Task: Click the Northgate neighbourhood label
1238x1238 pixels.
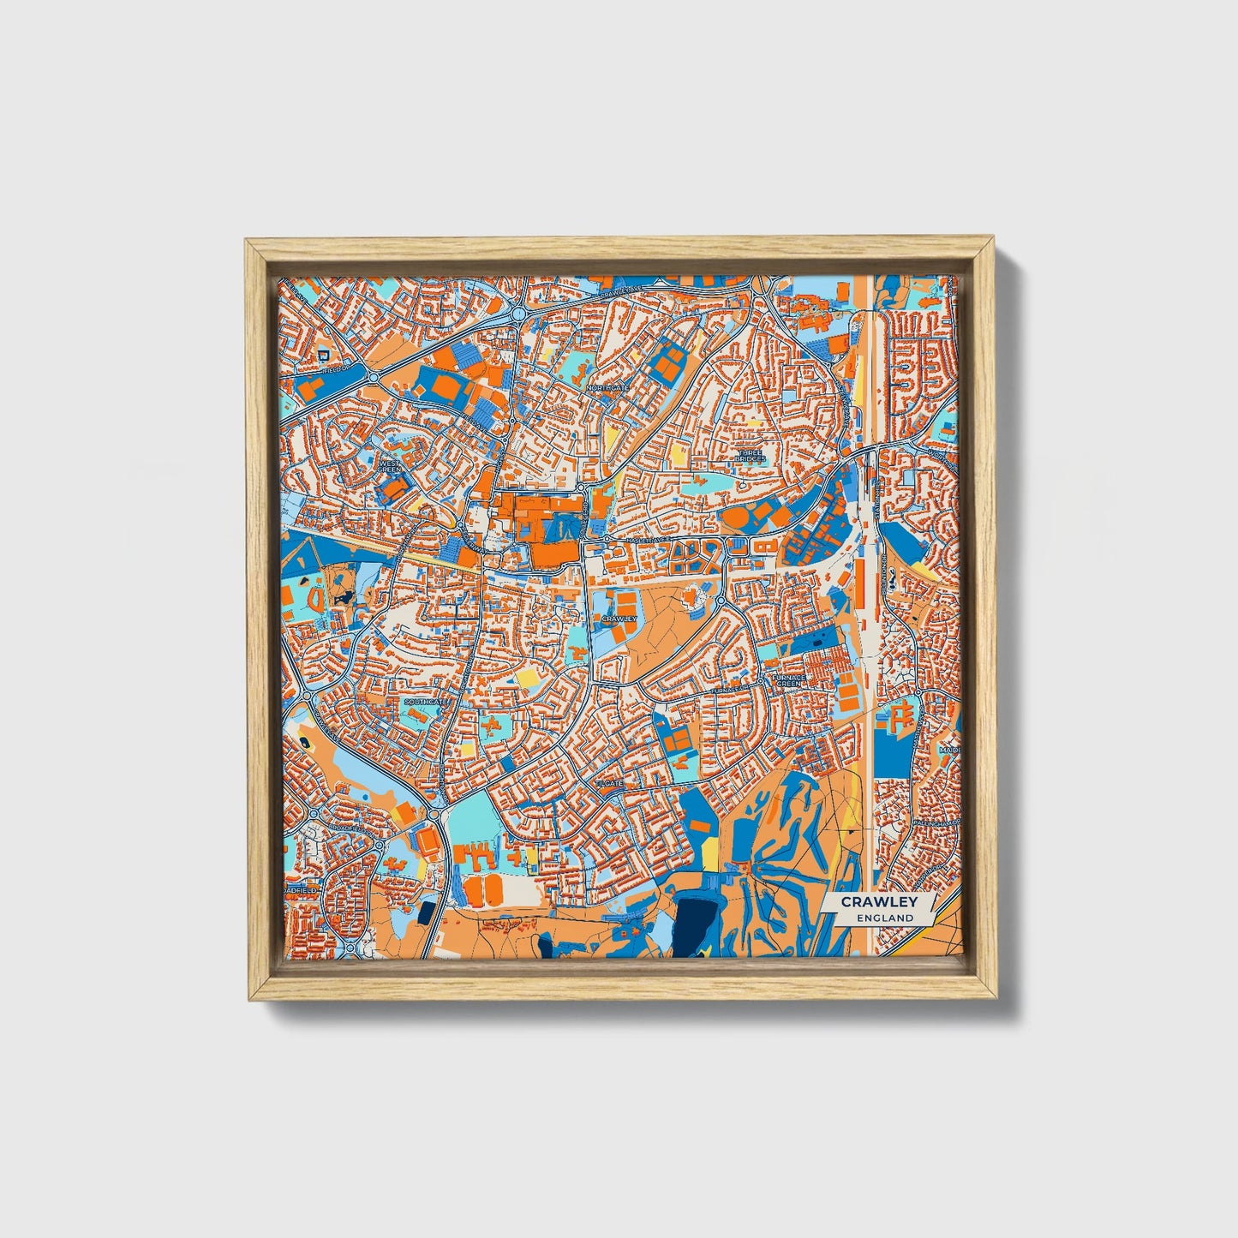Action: point(607,388)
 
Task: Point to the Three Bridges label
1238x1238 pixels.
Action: point(750,456)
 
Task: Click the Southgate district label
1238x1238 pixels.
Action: point(425,703)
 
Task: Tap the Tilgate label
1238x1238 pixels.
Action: point(609,783)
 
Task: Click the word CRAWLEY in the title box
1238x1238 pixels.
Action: point(878,902)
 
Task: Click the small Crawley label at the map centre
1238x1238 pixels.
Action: point(619,618)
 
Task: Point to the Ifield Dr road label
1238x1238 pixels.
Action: point(336,369)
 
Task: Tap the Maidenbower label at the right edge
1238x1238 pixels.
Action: point(948,750)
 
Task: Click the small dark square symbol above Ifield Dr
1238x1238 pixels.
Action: point(323,353)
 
